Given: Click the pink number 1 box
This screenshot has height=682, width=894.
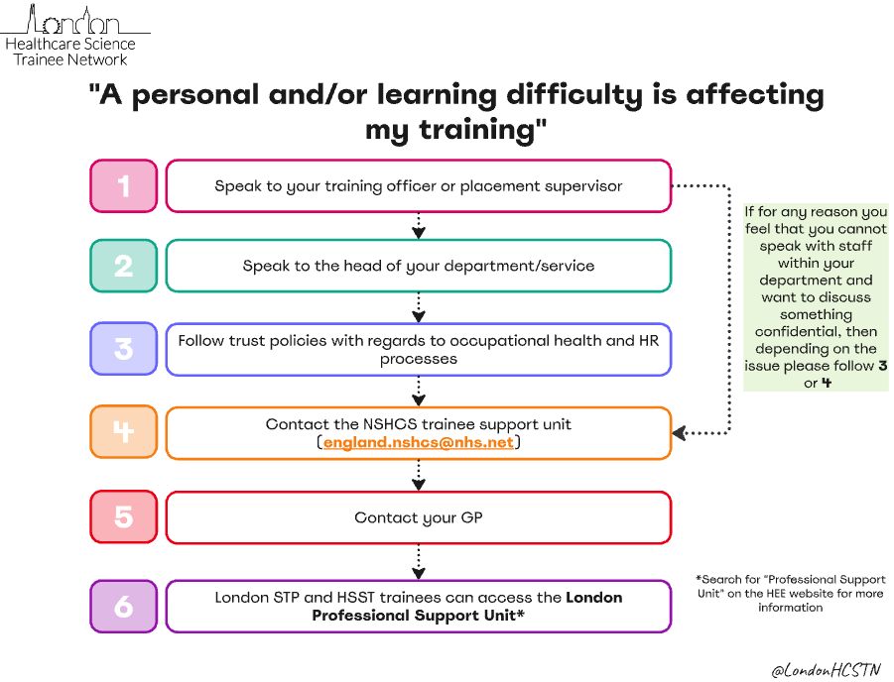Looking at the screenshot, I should (x=124, y=185).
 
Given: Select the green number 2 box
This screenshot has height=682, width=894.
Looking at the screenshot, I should (x=124, y=266).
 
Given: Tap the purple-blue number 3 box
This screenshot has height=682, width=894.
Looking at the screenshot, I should (x=124, y=349).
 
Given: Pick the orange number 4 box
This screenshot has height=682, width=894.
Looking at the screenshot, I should (x=124, y=432).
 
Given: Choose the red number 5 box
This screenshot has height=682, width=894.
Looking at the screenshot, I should (x=124, y=517).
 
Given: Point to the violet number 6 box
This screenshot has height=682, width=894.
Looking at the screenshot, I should (x=124, y=606).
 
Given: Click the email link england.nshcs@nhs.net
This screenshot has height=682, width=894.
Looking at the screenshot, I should (x=419, y=442).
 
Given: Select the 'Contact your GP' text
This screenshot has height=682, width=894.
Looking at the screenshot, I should (x=419, y=517).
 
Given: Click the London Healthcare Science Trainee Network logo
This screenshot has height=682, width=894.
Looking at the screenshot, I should (x=69, y=35).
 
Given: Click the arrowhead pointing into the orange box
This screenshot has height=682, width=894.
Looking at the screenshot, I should (x=680, y=433).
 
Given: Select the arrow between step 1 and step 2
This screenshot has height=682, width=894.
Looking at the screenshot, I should (x=419, y=226).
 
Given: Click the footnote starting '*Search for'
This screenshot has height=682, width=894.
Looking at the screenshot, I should (x=790, y=593).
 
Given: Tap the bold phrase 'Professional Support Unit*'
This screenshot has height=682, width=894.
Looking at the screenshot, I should (x=418, y=616).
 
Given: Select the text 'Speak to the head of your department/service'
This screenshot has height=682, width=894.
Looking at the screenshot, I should (x=419, y=266).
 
